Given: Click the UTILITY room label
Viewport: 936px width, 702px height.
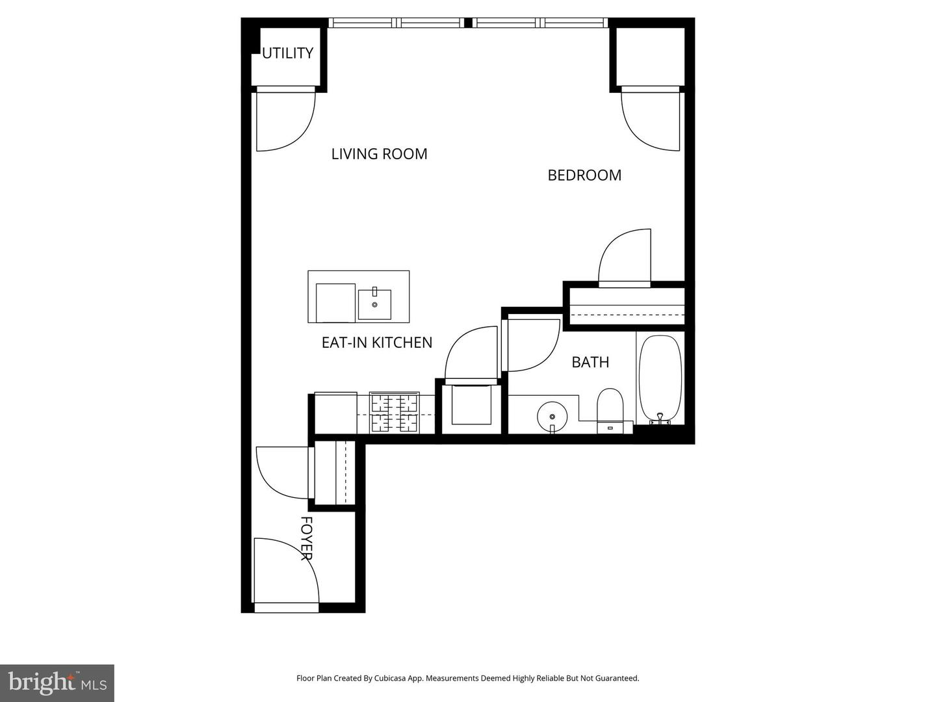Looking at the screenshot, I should pyautogui.click(x=287, y=53).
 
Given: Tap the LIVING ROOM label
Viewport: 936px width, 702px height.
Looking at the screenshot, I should pyautogui.click(x=379, y=154).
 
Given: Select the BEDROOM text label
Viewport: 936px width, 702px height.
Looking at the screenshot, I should pyautogui.click(x=584, y=175).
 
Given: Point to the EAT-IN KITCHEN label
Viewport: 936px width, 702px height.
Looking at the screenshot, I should pyautogui.click(x=377, y=343).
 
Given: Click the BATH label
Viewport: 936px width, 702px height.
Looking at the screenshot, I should pyautogui.click(x=590, y=362).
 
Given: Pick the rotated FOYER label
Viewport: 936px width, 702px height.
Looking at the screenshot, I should pyautogui.click(x=307, y=538).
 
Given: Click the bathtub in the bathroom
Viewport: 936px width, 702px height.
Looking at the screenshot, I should pyautogui.click(x=660, y=378).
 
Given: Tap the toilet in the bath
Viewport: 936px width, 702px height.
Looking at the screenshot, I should pyautogui.click(x=610, y=409).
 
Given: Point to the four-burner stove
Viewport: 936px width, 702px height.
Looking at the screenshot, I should pyautogui.click(x=395, y=413).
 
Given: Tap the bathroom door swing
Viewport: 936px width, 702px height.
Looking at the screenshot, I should pyautogui.click(x=532, y=343).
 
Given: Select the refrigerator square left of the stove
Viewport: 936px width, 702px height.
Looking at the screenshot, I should pyautogui.click(x=335, y=413).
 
